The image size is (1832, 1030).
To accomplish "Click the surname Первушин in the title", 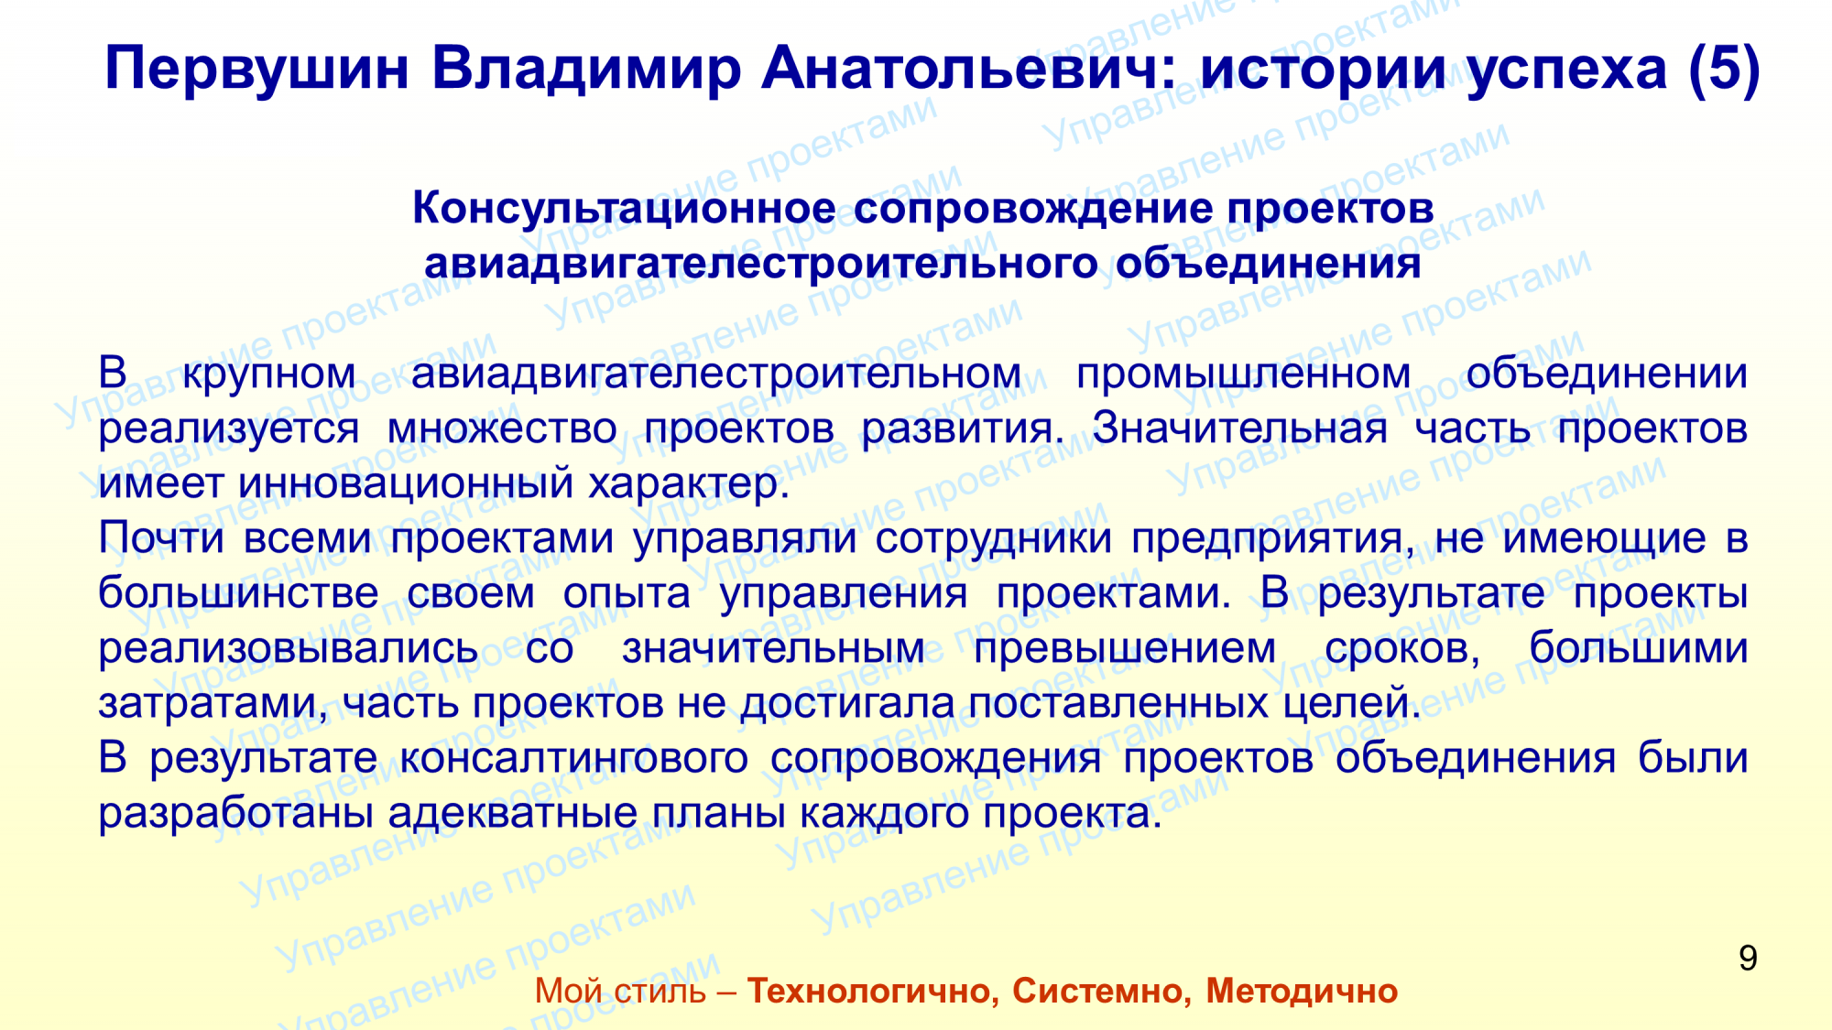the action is click(x=256, y=70).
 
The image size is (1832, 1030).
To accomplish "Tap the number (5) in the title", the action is click(x=1725, y=70).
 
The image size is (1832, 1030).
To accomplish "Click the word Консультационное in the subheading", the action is click(x=623, y=210).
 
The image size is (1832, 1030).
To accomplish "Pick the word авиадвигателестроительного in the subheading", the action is click(x=760, y=265).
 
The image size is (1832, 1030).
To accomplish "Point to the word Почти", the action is click(x=161, y=537).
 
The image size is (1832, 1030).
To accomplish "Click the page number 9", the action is click(x=1748, y=959).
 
